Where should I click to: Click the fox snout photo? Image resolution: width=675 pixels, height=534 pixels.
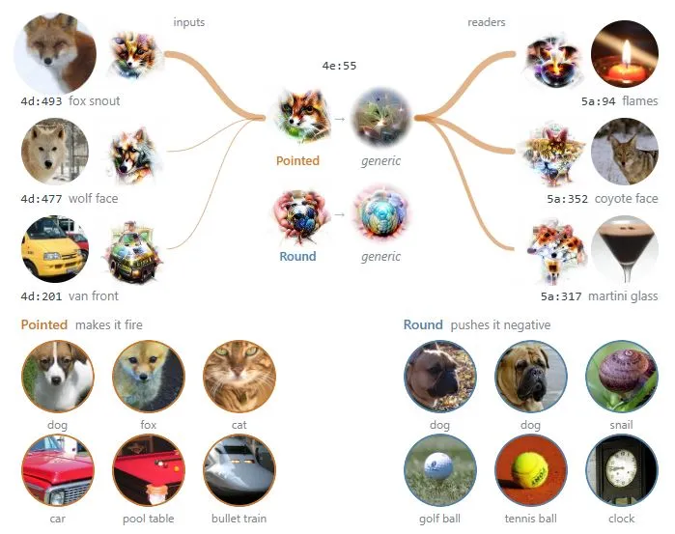click(55, 53)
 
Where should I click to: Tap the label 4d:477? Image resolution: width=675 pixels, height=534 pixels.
click(42, 199)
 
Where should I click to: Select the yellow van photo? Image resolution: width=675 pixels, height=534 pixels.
click(55, 249)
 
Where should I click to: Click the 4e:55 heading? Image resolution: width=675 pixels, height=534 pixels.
click(339, 66)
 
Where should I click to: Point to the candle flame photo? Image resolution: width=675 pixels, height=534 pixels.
click(624, 54)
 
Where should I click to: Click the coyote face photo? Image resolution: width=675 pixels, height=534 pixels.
click(624, 152)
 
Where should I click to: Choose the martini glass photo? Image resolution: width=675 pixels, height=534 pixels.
click(624, 249)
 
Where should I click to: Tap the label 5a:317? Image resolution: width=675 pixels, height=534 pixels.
click(561, 296)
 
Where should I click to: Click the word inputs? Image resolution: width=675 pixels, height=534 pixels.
click(189, 22)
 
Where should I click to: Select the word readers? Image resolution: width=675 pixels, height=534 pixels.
click(487, 22)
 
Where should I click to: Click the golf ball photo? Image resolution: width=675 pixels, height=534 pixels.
click(440, 470)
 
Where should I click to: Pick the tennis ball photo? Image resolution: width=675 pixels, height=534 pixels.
click(531, 470)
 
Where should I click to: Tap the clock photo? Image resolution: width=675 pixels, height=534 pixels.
click(622, 470)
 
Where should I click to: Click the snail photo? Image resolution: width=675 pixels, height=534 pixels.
click(622, 377)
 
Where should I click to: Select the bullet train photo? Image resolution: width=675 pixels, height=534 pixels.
click(239, 470)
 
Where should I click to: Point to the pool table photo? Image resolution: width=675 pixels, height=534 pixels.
click(149, 470)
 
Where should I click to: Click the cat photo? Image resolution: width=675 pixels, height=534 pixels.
click(239, 377)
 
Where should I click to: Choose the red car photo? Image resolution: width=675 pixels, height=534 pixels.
click(58, 470)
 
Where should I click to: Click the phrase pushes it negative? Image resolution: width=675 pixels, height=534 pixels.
click(500, 325)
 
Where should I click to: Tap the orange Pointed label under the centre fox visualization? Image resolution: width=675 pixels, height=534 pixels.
click(297, 161)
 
